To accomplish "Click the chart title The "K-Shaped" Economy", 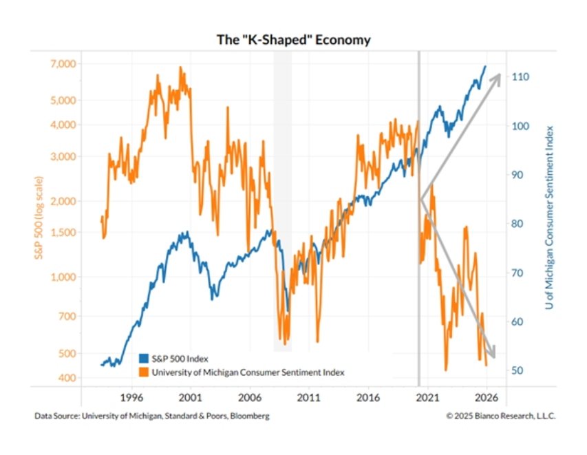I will pyautogui.click(x=293, y=40).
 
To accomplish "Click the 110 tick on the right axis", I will pyautogui.click(x=520, y=77).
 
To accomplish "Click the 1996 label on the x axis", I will pyautogui.click(x=131, y=397).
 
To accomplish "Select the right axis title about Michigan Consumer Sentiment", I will pyautogui.click(x=551, y=220).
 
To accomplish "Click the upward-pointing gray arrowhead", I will pyautogui.click(x=493, y=79).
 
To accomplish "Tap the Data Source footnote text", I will pyautogui.click(x=151, y=416).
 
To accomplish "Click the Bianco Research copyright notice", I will pyautogui.click(x=500, y=416).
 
